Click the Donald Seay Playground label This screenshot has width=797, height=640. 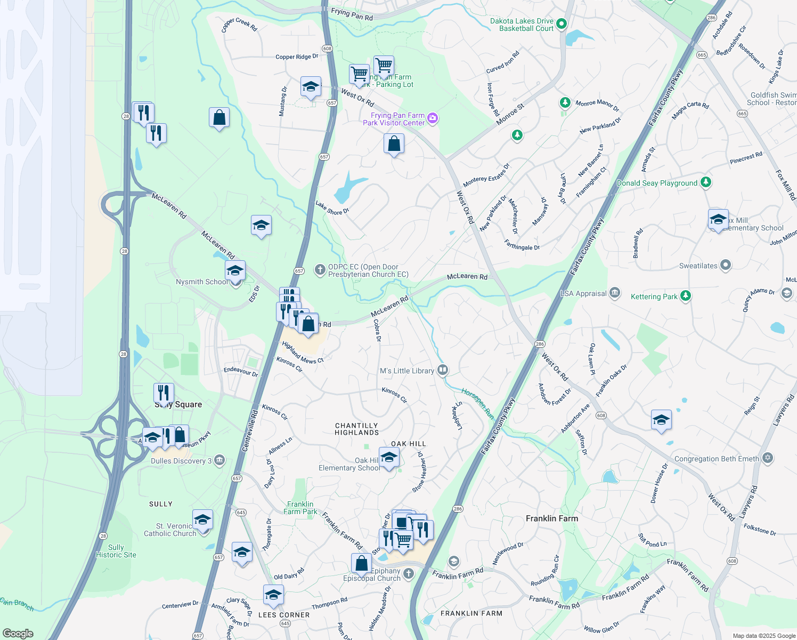coord(657,183)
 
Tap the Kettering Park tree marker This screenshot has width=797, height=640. coord(686,296)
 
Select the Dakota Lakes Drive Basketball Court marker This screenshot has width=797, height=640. coord(561,24)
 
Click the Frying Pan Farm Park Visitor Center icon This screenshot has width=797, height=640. coord(433,118)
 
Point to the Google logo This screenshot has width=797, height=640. coord(18,633)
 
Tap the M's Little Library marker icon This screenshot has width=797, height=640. coord(442,370)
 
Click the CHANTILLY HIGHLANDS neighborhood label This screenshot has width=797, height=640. coord(356,429)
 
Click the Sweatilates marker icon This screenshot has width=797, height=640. coord(725,265)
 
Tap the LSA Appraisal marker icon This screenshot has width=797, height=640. coord(614,292)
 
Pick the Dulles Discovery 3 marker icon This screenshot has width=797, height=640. coord(219,460)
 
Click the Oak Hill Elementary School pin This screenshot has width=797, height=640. coord(389,458)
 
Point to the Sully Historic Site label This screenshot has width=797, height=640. coord(116,551)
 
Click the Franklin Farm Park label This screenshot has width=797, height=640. coord(300,508)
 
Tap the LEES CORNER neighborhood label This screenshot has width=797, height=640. coord(284,615)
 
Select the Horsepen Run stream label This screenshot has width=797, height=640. coord(477,404)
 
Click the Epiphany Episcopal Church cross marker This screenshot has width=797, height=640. coord(408,574)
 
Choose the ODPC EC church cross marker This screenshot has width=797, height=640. coord(320,270)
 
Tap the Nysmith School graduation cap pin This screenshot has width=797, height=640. coord(235,270)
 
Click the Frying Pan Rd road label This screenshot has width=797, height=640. coord(352,14)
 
